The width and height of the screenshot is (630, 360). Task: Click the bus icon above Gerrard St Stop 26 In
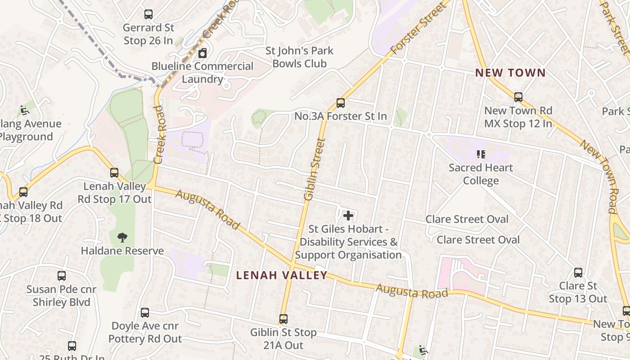[x=148, y=14]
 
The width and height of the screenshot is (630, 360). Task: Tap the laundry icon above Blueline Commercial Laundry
[x=202, y=54]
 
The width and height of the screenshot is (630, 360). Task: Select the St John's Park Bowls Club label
[x=299, y=57]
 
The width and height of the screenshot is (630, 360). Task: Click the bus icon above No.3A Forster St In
[x=341, y=103]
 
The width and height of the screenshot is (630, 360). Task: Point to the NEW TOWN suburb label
[x=510, y=73]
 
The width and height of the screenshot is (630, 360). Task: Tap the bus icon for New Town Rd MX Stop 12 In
[x=518, y=97]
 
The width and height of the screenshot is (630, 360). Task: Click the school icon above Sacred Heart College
[x=481, y=155]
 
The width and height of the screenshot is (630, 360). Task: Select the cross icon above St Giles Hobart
[x=348, y=216]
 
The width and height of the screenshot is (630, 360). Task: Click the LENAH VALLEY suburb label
[x=282, y=275]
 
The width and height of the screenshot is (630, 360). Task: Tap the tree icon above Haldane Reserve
[x=122, y=238]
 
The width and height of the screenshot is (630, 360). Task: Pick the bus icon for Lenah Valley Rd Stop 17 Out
[x=114, y=172]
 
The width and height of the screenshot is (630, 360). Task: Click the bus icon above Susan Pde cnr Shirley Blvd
[x=62, y=276]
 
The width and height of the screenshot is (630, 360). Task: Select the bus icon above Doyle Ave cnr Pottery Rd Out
[x=145, y=312]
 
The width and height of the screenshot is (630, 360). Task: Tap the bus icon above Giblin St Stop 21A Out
[x=283, y=319]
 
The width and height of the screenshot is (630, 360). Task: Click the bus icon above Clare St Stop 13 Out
[x=578, y=273]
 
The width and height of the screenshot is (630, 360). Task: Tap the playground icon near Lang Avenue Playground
[x=24, y=110]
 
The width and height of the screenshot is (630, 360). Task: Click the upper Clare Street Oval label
[x=467, y=220]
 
